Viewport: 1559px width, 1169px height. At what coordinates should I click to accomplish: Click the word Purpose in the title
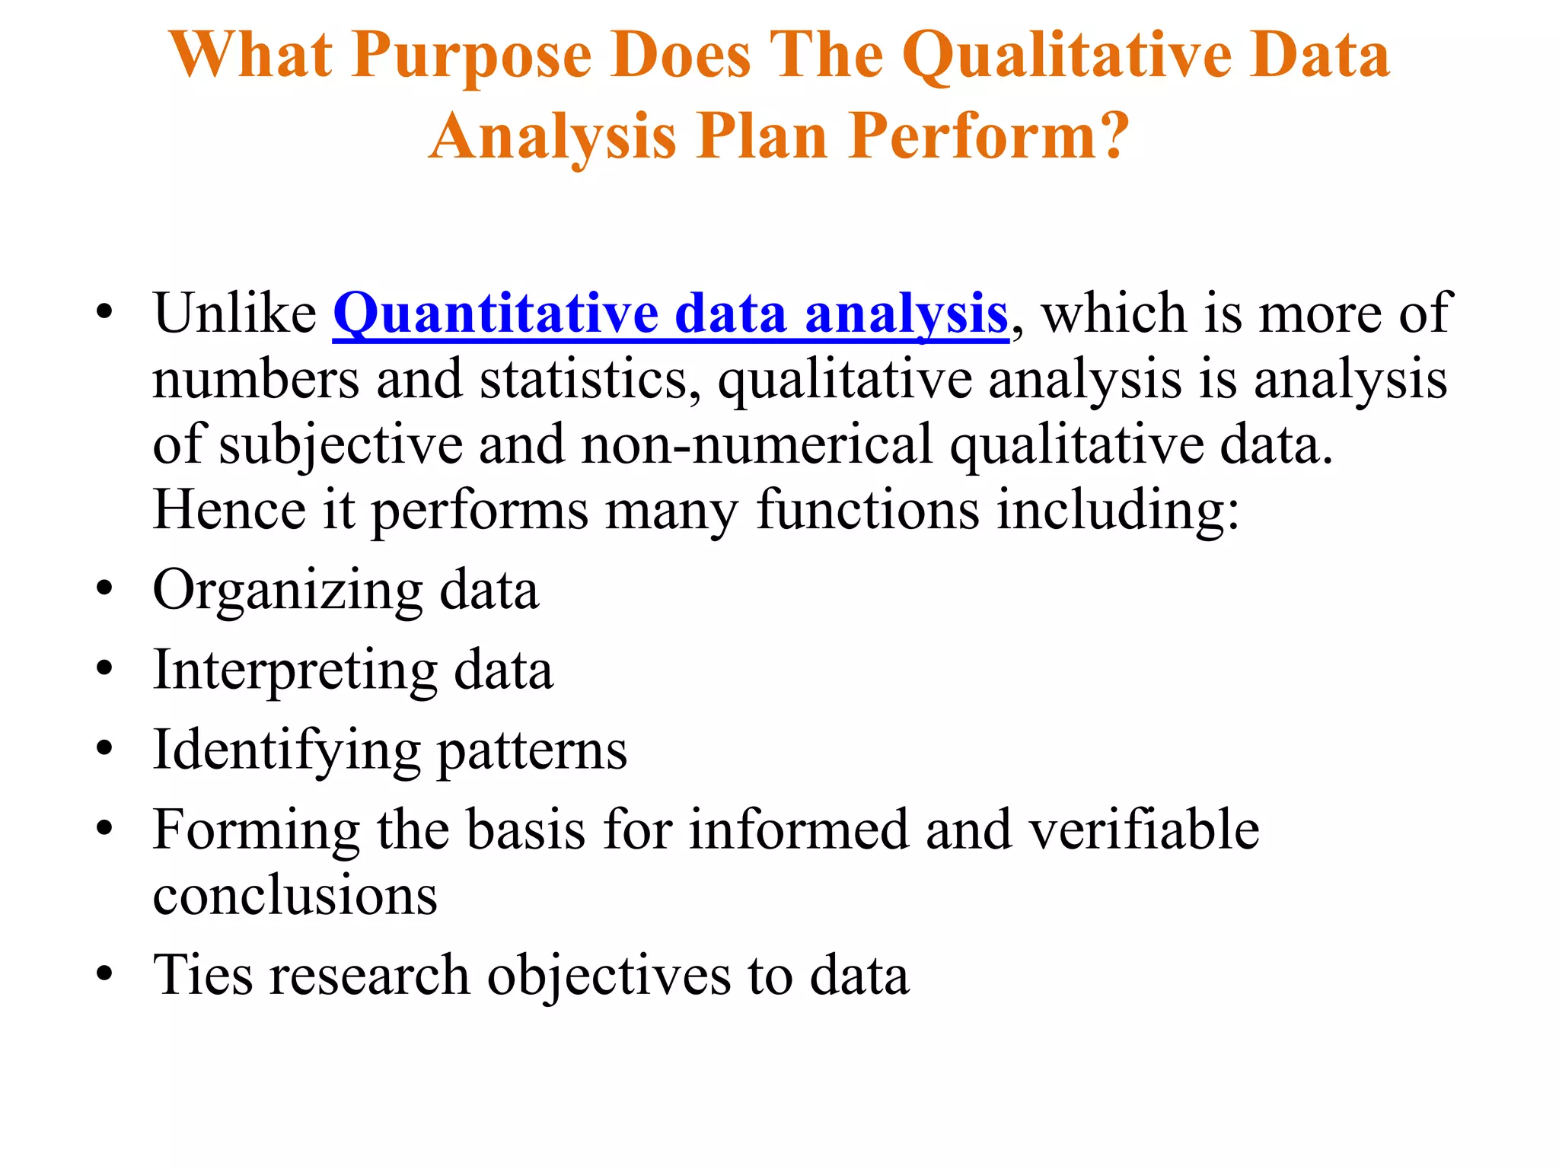pyautogui.click(x=471, y=57)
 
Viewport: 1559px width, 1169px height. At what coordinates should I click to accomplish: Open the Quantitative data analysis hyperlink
pyautogui.click(x=671, y=314)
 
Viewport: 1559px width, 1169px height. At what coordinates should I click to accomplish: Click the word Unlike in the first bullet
pyautogui.click(x=234, y=314)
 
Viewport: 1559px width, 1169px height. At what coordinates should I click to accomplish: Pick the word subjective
pyautogui.click(x=341, y=445)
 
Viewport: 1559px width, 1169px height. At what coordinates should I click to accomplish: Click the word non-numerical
pyautogui.click(x=757, y=445)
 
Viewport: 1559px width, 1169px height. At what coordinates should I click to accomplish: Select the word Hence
pyautogui.click(x=229, y=509)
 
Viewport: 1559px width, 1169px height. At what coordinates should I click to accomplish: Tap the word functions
pyautogui.click(x=868, y=509)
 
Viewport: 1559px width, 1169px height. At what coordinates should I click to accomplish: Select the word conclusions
pyautogui.click(x=295, y=895)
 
